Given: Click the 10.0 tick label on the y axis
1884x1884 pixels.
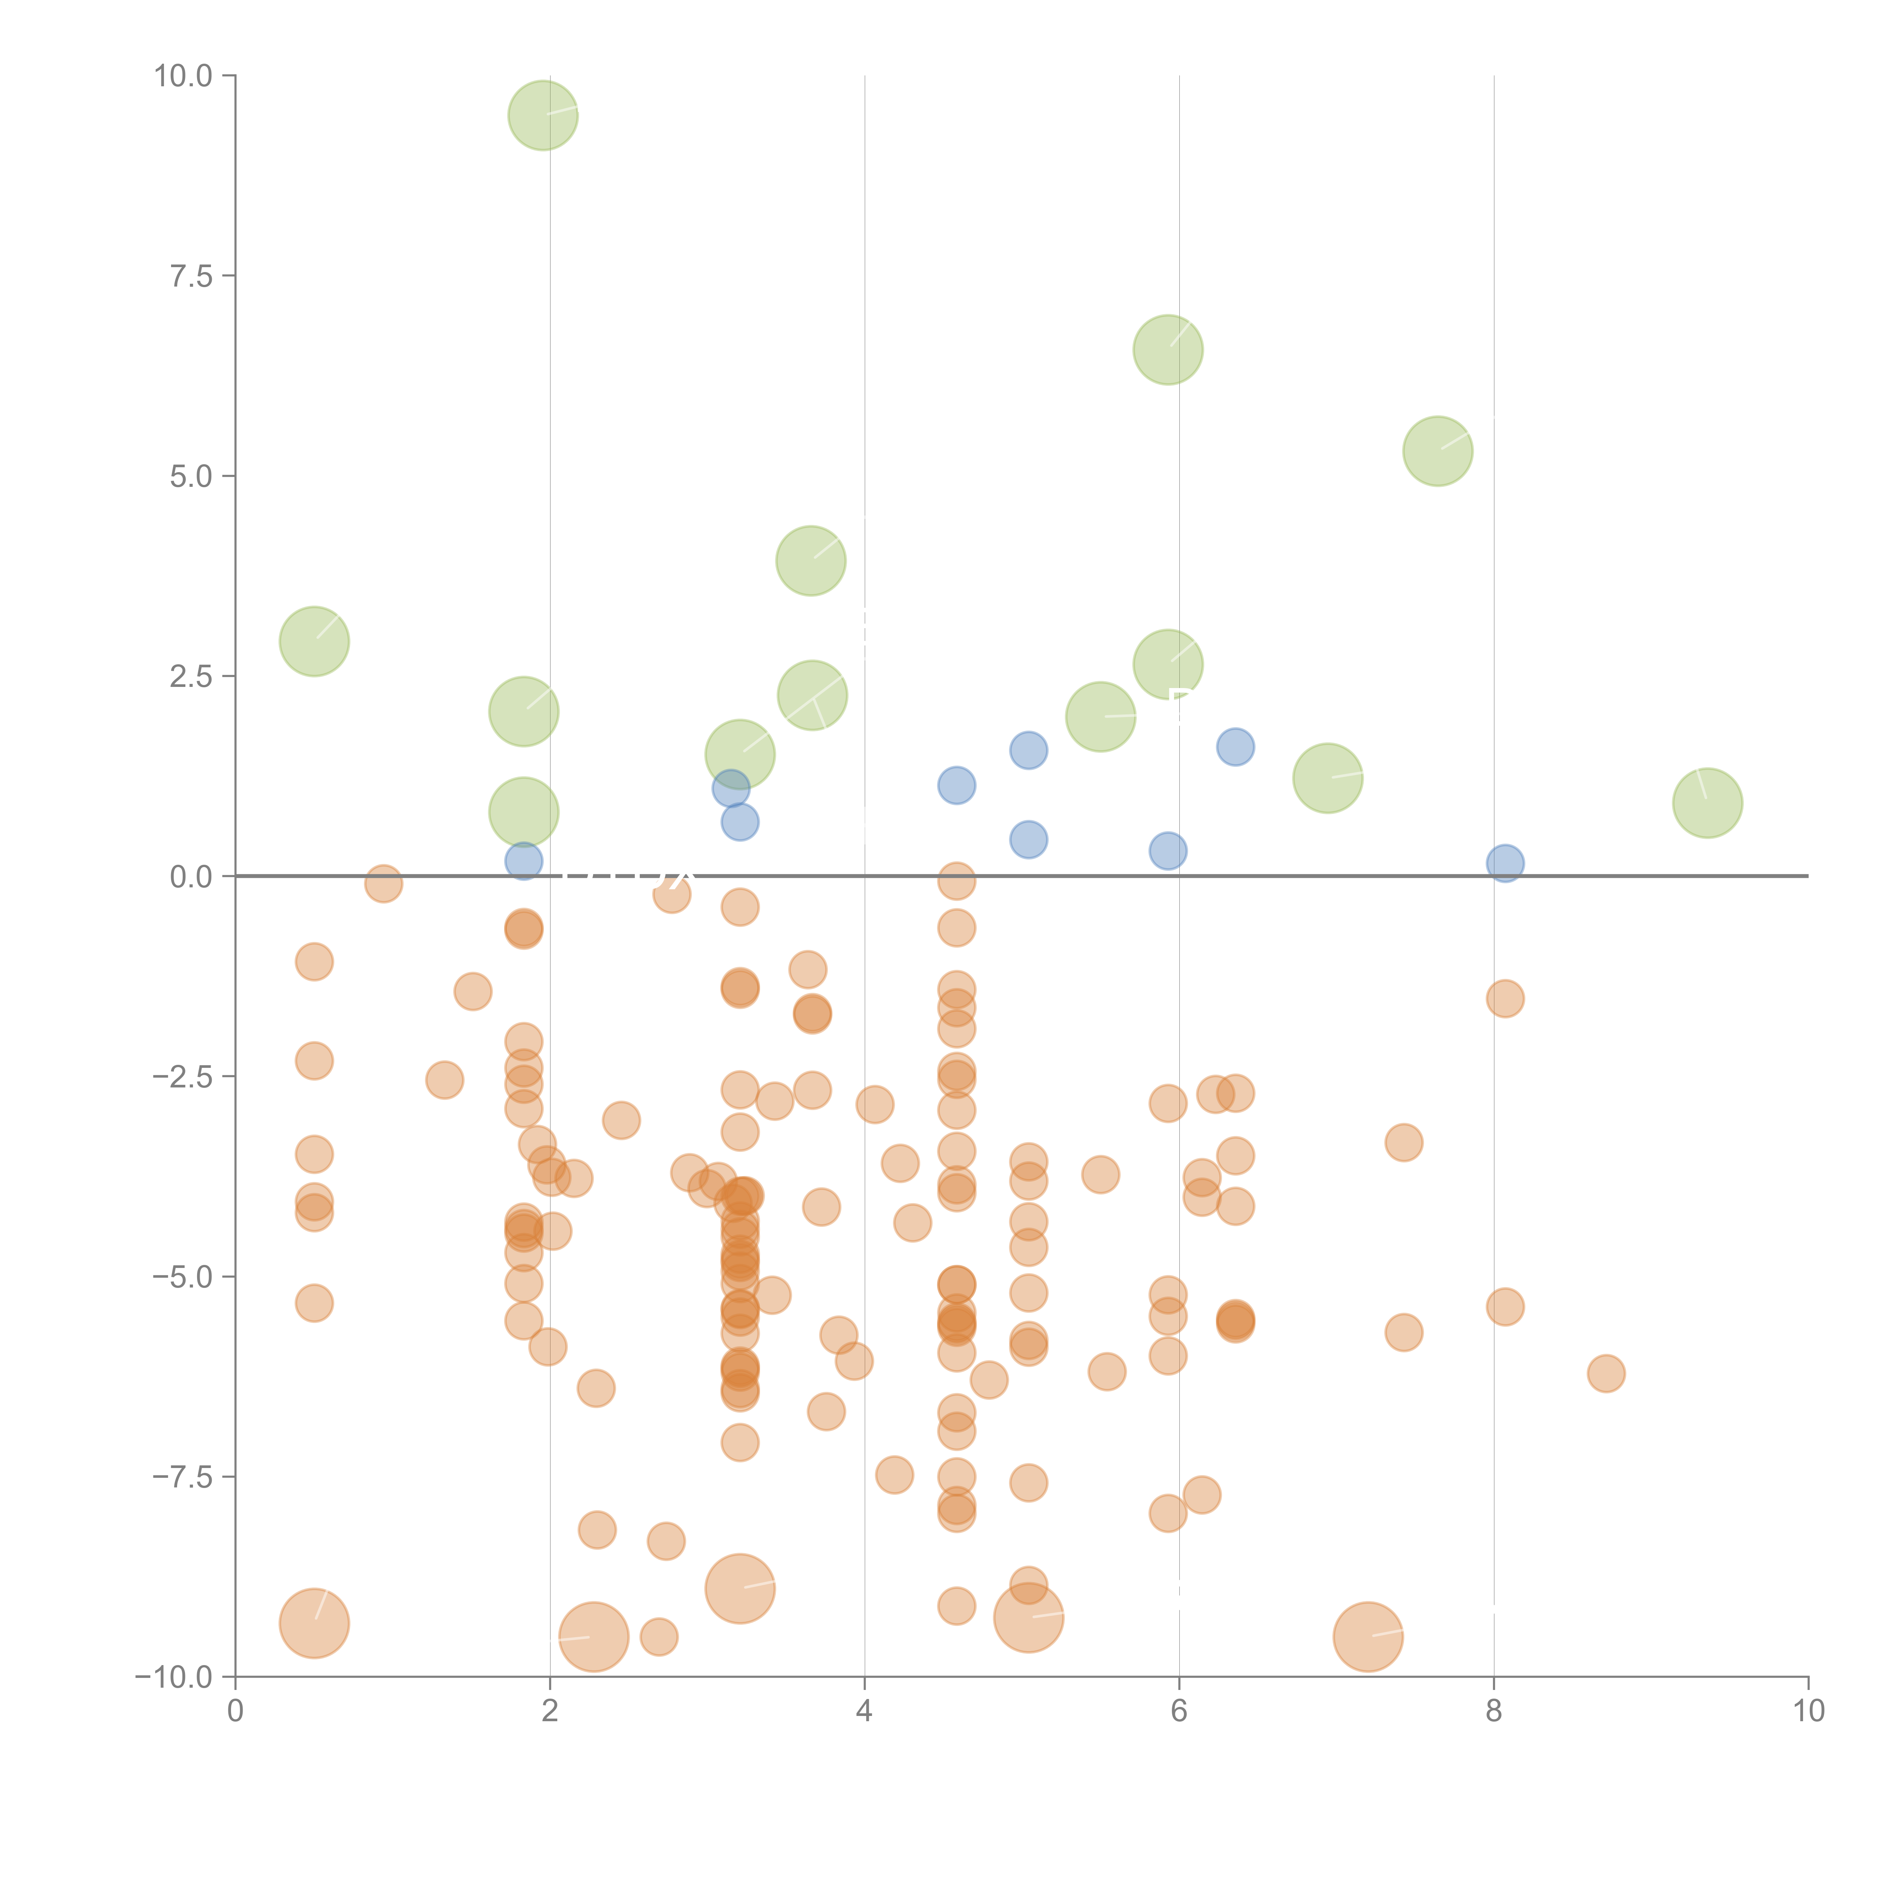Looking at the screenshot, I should point(184,76).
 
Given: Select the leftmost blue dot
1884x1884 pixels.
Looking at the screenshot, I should point(524,861).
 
